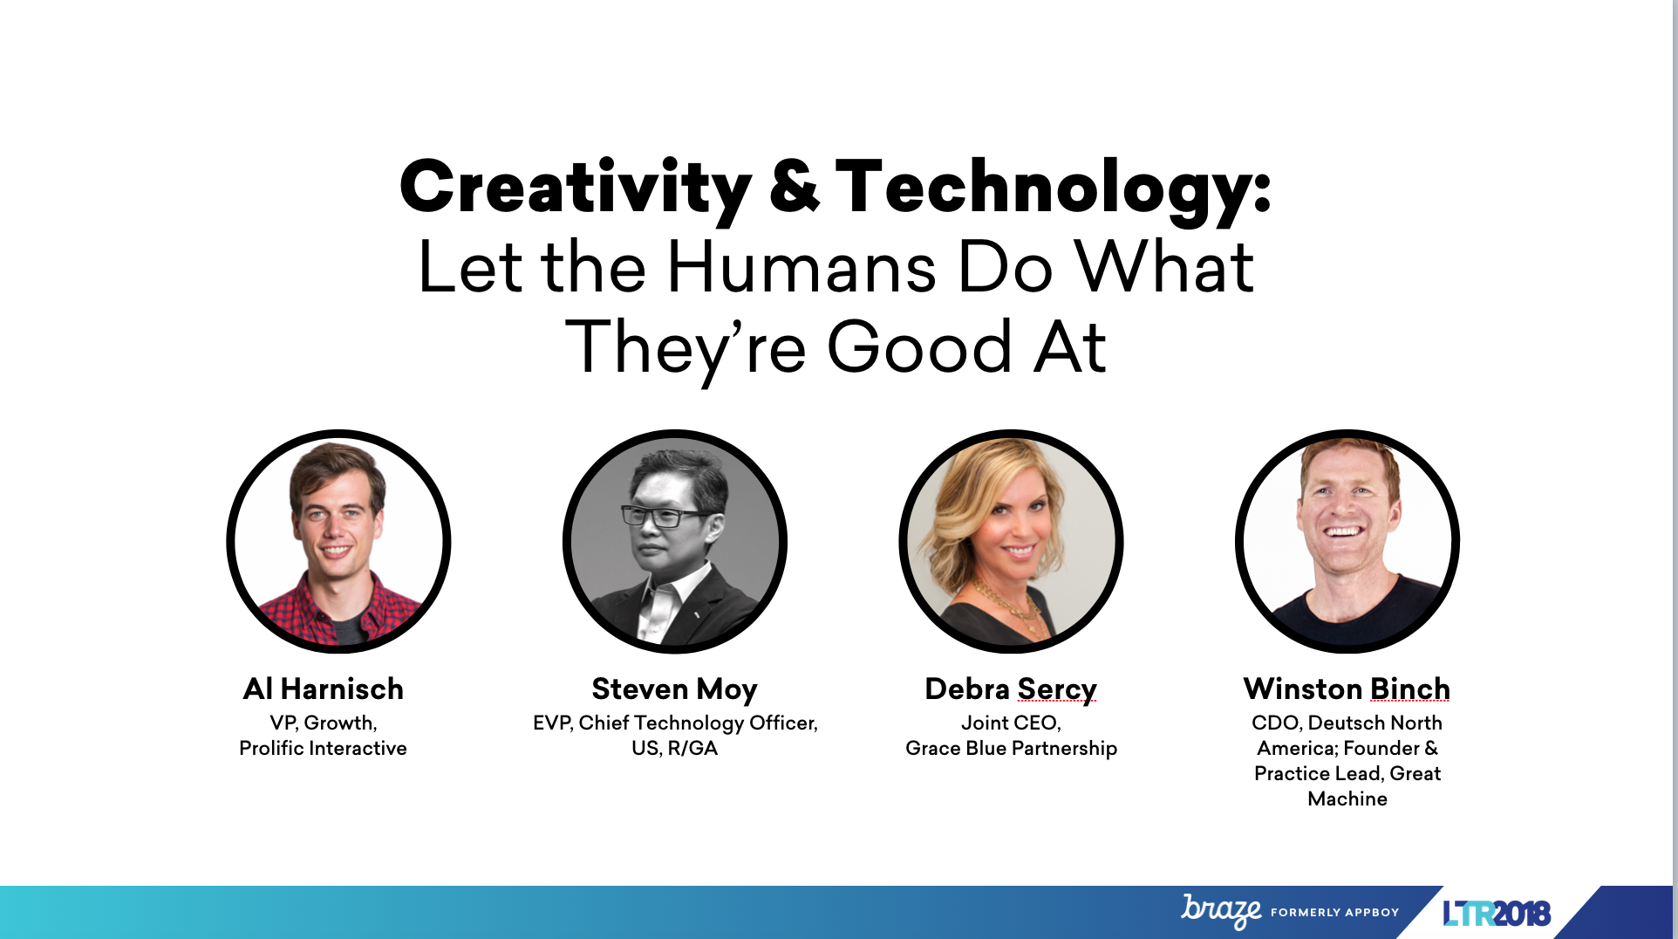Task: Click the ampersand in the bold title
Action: (x=795, y=186)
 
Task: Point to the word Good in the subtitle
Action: (x=919, y=346)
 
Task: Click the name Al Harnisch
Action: (x=324, y=689)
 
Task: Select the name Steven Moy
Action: (x=674, y=689)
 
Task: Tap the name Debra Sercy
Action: (x=1011, y=689)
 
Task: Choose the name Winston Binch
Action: (x=1347, y=689)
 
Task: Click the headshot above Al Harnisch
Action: (x=338, y=541)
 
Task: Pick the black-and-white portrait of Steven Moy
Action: (x=675, y=541)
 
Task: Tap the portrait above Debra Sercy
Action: (x=1011, y=541)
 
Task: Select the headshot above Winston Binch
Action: (x=1347, y=541)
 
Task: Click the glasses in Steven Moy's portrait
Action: (x=665, y=516)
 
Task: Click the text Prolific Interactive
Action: (x=323, y=748)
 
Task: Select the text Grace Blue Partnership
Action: (x=1011, y=749)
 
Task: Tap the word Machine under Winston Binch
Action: (x=1347, y=798)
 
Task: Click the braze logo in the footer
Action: (x=1221, y=911)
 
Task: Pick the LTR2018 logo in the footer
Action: (x=1497, y=913)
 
